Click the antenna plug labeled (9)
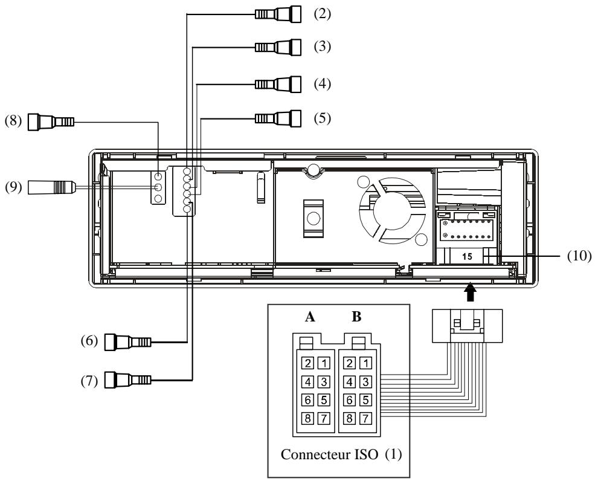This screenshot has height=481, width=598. click(x=51, y=187)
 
